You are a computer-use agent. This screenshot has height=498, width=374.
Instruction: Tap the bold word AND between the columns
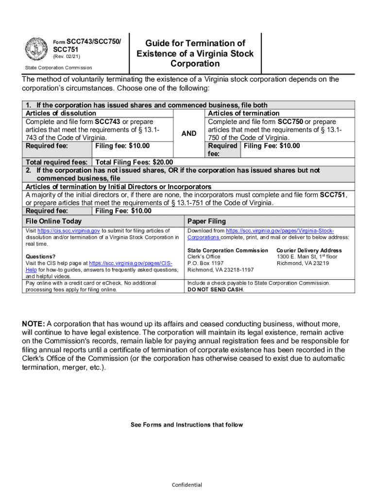[189, 133]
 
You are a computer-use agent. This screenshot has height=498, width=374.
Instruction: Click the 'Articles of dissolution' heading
[61, 113]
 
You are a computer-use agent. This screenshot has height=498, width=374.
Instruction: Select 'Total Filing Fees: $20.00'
[135, 162]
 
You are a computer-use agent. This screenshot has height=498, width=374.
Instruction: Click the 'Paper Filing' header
[206, 221]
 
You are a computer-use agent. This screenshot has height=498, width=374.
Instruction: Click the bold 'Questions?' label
[40, 257]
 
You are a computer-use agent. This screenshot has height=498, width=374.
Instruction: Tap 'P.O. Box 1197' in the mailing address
[205, 263]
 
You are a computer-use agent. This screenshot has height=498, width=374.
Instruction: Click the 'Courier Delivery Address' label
[309, 250]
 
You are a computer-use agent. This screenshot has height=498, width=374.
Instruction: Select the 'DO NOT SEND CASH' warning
[216, 289]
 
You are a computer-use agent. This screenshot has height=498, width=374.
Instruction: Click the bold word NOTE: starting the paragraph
[34, 324]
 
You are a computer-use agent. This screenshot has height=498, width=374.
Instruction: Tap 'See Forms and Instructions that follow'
[187, 425]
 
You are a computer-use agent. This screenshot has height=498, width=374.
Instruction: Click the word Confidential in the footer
[187, 485]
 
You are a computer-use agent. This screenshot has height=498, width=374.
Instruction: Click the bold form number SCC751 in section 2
[332, 195]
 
